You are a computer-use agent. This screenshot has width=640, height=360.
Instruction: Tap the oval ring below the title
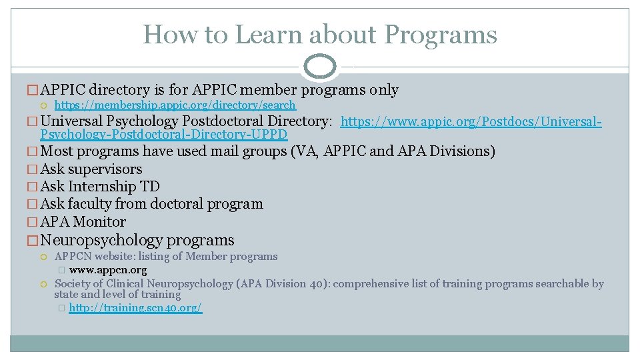pos(320,66)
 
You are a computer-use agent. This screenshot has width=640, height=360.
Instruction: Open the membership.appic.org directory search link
pos(175,105)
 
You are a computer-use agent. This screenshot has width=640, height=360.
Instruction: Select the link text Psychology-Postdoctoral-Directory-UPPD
pos(164,135)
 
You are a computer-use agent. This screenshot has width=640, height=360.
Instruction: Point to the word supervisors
pos(110,169)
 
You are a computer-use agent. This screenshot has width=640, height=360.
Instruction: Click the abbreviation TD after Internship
pos(151,187)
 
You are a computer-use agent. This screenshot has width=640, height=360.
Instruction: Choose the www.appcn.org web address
pos(108,271)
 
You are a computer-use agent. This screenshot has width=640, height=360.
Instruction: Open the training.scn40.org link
pos(135,308)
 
